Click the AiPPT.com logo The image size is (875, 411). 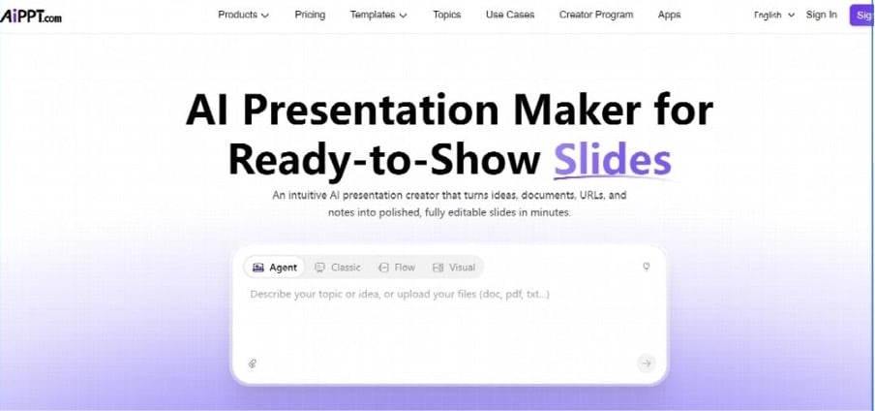31,16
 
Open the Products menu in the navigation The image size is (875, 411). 243,16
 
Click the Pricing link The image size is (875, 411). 310,16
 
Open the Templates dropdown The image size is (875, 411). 378,16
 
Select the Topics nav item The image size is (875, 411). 446,16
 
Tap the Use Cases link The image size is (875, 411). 510,16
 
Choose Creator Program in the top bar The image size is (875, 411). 596,16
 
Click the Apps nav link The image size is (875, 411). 669,16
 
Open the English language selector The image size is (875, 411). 774,16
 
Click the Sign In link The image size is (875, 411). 822,16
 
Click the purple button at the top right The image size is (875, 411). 862,16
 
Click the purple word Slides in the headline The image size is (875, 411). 612,160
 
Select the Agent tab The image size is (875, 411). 275,268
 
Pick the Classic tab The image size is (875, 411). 338,268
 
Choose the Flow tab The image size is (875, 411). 396,268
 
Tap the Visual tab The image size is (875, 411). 454,268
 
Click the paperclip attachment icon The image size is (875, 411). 253,364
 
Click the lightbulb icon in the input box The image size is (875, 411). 647,267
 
